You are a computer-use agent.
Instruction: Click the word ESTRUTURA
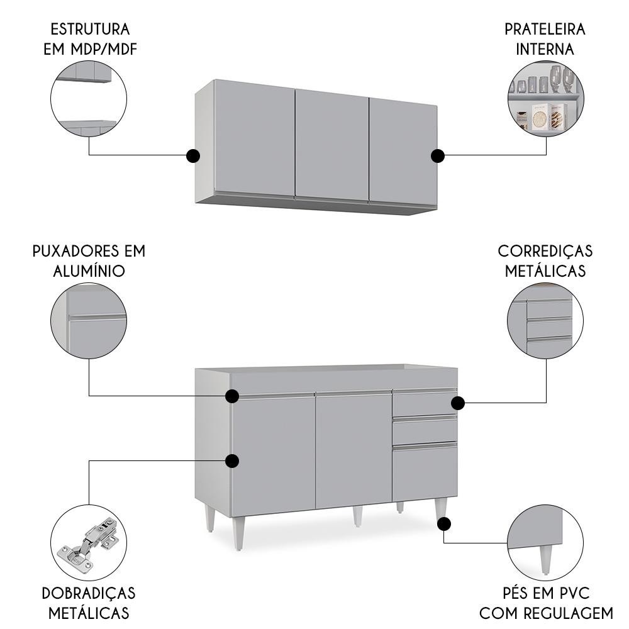[x=90, y=30]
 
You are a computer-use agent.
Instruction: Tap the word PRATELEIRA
[x=545, y=30]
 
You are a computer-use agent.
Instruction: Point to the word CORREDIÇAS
[x=545, y=252]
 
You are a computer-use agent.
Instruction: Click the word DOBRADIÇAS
[x=89, y=594]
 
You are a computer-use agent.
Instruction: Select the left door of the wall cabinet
[x=255, y=138]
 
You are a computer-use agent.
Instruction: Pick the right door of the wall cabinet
[x=403, y=153]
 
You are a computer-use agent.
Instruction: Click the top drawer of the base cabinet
[x=425, y=403]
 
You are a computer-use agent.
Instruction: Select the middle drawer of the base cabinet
[x=425, y=430]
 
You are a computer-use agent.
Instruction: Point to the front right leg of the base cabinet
[x=440, y=511]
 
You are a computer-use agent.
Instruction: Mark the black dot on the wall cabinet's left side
[x=193, y=155]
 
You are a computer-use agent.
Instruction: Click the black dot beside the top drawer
[x=458, y=403]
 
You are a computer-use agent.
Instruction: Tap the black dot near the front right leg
[x=444, y=524]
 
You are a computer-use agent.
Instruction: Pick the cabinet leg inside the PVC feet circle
[x=545, y=560]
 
